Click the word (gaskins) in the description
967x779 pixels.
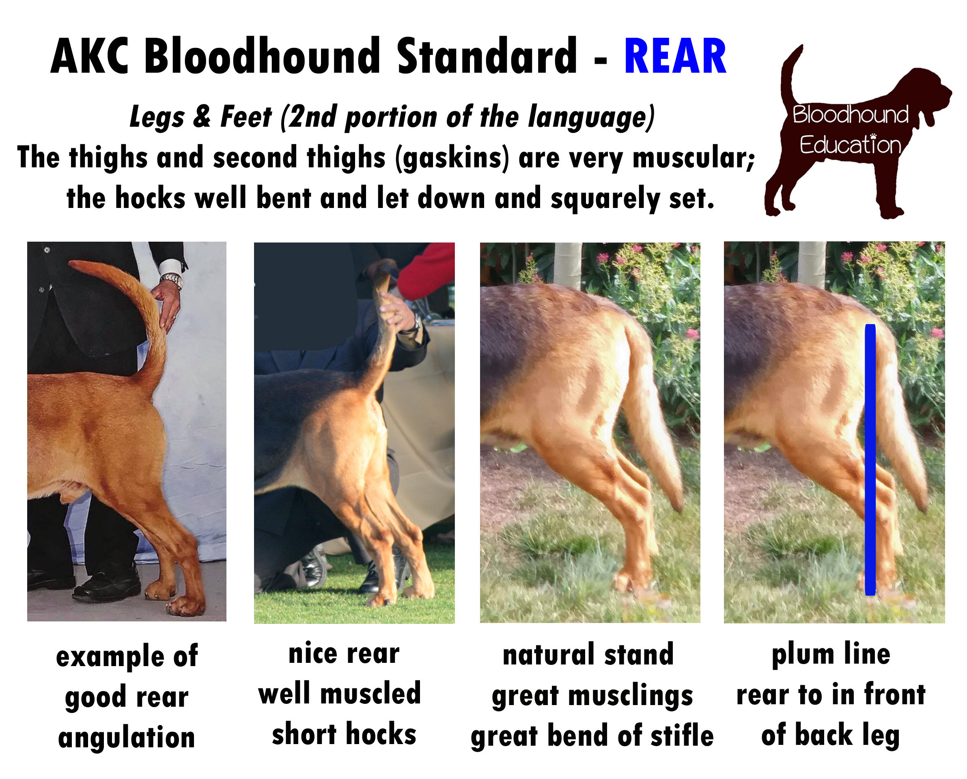click(x=452, y=158)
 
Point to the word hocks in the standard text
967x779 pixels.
click(x=150, y=198)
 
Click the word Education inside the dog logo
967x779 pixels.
click(x=850, y=145)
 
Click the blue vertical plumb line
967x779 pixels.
click(x=870, y=459)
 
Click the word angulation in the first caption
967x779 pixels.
click(x=127, y=739)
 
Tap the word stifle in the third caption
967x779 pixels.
click(x=682, y=736)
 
